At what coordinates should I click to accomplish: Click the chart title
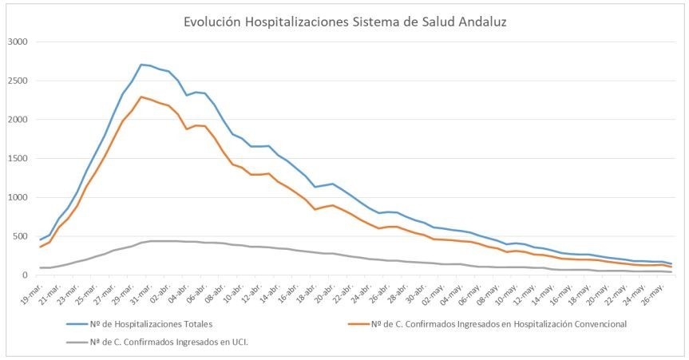coord(344,22)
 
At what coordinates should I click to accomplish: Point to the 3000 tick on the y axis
coord(17,42)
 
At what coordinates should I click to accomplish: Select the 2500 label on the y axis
coord(17,81)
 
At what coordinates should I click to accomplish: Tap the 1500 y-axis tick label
coord(17,159)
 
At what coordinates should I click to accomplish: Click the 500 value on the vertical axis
coord(19,237)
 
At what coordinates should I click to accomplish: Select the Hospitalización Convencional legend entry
coord(486,323)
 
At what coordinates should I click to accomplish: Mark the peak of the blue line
coord(141,65)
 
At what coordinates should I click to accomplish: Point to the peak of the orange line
coord(141,97)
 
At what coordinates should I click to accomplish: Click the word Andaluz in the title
coord(478,22)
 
